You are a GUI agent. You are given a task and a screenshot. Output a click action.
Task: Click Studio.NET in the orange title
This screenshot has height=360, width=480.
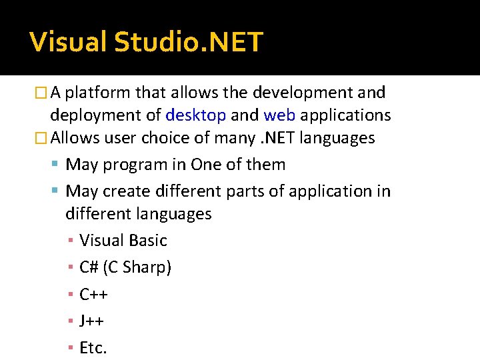tap(189, 42)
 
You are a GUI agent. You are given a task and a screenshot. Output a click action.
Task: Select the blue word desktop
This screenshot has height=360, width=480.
tap(195, 115)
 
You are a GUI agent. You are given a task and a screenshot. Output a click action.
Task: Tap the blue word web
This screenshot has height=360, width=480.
tap(279, 115)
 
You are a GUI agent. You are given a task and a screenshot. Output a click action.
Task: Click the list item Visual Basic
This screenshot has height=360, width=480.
tap(123, 241)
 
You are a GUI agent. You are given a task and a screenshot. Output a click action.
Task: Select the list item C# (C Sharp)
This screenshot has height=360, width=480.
tap(125, 267)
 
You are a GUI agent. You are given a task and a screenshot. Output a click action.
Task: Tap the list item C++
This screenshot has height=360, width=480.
tap(93, 294)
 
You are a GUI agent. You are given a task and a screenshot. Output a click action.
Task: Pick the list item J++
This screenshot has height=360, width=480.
tap(91, 321)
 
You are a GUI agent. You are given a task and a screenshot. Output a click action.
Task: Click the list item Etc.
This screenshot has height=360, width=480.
tap(93, 347)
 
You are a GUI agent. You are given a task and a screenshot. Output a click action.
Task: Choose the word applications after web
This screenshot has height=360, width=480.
tap(345, 115)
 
